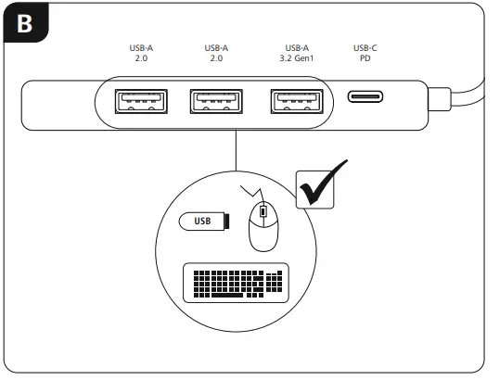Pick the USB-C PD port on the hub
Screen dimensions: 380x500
tap(366, 97)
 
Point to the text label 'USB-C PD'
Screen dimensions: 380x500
tap(366, 53)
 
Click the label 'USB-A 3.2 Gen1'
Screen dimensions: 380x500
tap(297, 53)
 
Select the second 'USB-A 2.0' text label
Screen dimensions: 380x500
tap(216, 53)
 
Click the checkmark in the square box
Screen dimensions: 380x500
tap(320, 183)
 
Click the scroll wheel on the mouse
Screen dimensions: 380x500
tap(263, 213)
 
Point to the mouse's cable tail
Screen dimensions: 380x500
tap(249, 191)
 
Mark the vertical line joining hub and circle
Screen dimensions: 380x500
tap(237, 153)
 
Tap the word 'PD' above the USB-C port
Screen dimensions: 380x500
tap(366, 58)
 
